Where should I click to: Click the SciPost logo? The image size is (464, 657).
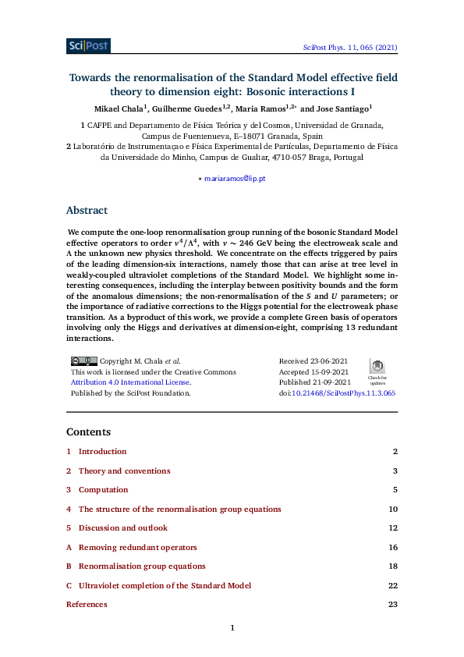(88, 46)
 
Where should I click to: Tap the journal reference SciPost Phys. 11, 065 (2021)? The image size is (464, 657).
(350, 48)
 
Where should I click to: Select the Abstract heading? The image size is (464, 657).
(87, 211)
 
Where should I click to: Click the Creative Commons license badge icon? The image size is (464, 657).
(83, 361)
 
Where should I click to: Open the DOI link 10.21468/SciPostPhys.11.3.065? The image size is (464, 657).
(343, 394)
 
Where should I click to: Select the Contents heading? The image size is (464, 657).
(88, 431)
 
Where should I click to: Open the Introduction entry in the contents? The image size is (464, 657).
(102, 452)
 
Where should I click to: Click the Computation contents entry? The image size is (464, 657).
(103, 490)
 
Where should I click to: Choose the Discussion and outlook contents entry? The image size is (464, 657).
(122, 528)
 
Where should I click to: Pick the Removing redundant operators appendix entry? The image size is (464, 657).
(137, 548)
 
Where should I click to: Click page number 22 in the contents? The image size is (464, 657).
(393, 586)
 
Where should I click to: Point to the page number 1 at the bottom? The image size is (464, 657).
(232, 628)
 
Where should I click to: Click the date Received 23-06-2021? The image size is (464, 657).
(313, 361)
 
